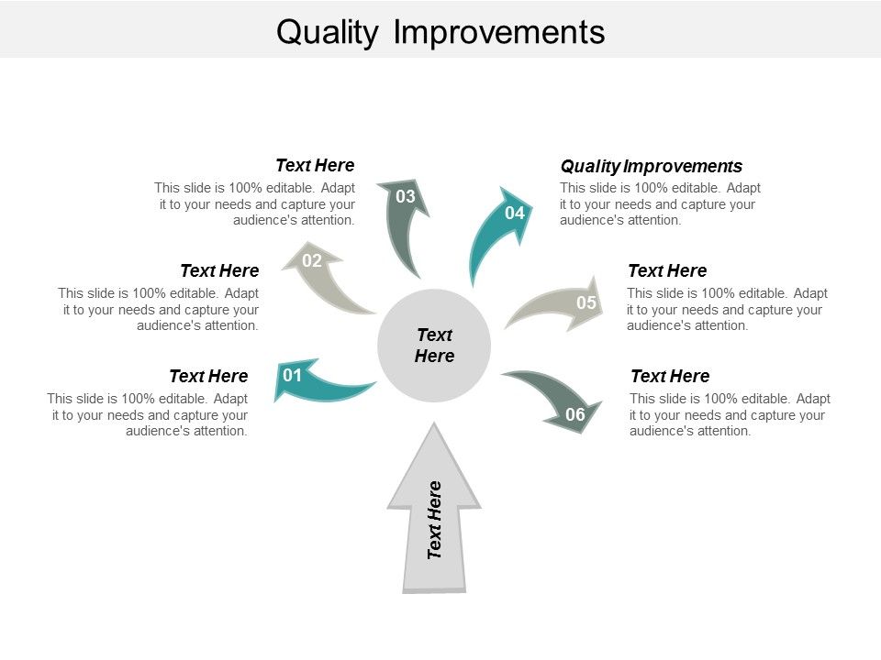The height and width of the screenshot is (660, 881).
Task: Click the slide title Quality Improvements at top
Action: pyautogui.click(x=440, y=31)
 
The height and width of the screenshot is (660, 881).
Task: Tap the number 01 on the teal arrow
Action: pyautogui.click(x=292, y=375)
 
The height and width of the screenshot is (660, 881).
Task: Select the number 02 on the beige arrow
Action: pyautogui.click(x=312, y=260)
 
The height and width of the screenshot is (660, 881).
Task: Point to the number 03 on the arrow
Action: pyautogui.click(x=406, y=196)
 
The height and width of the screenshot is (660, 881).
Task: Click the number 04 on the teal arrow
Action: pyautogui.click(x=514, y=213)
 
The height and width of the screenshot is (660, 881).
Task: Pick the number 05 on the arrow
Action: pyautogui.click(x=585, y=302)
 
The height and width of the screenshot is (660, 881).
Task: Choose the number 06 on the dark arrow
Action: pyautogui.click(x=574, y=414)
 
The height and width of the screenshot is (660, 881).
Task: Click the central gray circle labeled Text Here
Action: pyautogui.click(x=434, y=345)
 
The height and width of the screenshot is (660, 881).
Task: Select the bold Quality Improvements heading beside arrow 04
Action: pyautogui.click(x=651, y=166)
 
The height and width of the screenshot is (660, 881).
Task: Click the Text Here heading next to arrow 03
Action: pyautogui.click(x=315, y=165)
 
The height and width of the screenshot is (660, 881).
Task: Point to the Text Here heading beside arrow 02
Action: pyautogui.click(x=219, y=270)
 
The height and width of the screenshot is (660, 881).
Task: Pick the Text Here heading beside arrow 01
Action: pyautogui.click(x=208, y=376)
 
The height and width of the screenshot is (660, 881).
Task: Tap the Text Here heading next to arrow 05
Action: pyautogui.click(x=667, y=270)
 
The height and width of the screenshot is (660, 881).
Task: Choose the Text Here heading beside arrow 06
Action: pyautogui.click(x=670, y=376)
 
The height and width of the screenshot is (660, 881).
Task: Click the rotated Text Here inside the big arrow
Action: pyautogui.click(x=435, y=520)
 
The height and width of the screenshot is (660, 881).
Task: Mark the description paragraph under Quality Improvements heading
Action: pyautogui.click(x=660, y=203)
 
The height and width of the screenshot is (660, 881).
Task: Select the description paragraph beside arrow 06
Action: pyautogui.click(x=730, y=414)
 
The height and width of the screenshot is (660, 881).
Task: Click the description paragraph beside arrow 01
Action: pyautogui.click(x=148, y=414)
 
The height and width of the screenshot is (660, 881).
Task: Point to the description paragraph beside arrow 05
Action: pyautogui.click(x=727, y=309)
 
